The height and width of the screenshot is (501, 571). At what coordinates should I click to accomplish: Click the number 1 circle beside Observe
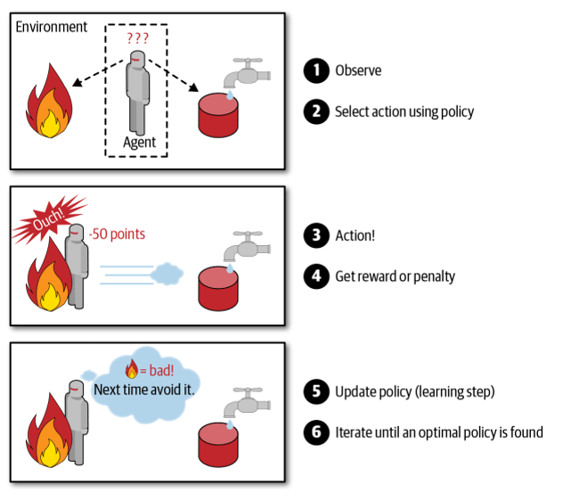(x=316, y=70)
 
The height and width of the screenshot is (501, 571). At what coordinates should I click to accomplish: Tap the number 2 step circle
(x=316, y=111)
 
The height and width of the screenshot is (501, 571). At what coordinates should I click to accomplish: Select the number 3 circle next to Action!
(x=316, y=235)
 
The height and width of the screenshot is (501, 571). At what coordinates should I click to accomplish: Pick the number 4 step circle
(x=316, y=276)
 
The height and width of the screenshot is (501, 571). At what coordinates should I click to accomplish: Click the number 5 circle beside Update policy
(x=316, y=391)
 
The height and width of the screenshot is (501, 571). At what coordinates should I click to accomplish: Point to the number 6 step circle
(x=316, y=432)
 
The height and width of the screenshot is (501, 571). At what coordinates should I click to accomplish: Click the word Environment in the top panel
(x=52, y=27)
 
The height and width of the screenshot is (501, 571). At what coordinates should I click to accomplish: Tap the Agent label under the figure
(x=140, y=143)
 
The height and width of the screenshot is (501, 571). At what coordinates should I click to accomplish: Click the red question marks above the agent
(x=138, y=38)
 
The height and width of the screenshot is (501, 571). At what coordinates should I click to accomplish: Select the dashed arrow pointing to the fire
(x=98, y=73)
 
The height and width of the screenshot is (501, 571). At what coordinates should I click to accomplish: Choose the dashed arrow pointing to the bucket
(x=174, y=76)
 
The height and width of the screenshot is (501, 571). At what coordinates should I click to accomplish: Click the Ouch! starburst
(x=49, y=219)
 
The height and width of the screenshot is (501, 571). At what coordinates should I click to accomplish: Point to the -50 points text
(x=117, y=234)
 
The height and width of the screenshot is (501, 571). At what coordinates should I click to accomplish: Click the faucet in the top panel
(x=247, y=73)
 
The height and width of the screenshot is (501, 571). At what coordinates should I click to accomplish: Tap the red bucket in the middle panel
(x=218, y=289)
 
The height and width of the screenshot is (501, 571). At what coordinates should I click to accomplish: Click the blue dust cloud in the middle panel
(x=167, y=274)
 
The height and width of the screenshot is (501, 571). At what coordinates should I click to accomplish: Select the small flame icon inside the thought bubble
(x=132, y=368)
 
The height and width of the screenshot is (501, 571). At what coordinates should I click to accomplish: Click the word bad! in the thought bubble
(x=161, y=371)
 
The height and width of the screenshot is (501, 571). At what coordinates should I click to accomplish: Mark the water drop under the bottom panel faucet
(x=230, y=424)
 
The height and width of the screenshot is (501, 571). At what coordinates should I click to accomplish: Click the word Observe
(x=358, y=70)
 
